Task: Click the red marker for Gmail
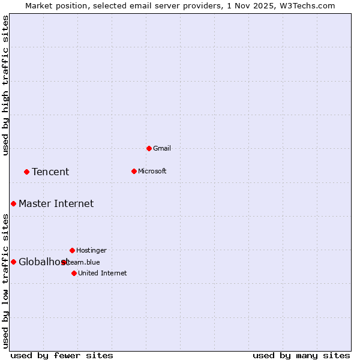(x=149, y=148)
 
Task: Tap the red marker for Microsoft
(x=134, y=171)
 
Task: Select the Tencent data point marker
(x=26, y=172)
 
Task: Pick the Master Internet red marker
(x=13, y=203)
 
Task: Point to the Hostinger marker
(x=72, y=250)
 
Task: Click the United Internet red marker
(x=74, y=273)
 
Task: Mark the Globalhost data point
(x=13, y=262)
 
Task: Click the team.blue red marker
(x=64, y=262)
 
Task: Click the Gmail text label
(x=162, y=148)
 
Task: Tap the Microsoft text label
(x=152, y=171)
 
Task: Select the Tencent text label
(x=50, y=172)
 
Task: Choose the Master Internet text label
(x=56, y=203)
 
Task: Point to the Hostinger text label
(x=91, y=250)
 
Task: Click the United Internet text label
(x=103, y=273)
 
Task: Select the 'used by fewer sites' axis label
(x=62, y=355)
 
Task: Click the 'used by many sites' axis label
(x=301, y=355)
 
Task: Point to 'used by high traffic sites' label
(x=5, y=86)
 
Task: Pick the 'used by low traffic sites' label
(x=5, y=280)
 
